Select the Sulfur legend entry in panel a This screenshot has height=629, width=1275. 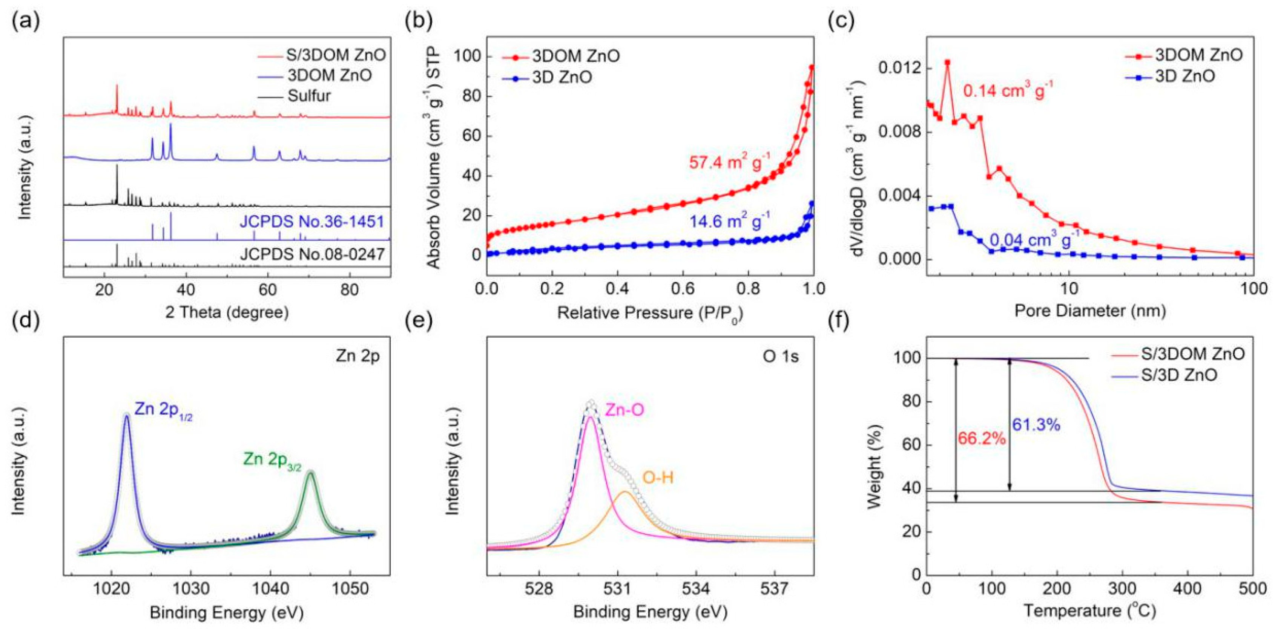309,95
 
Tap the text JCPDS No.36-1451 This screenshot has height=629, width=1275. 311,222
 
